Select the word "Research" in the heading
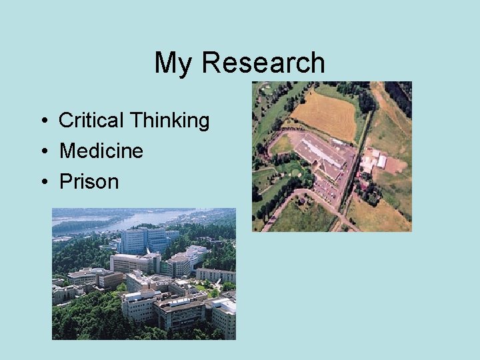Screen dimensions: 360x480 tap(263, 63)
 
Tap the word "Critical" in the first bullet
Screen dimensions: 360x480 tap(91, 121)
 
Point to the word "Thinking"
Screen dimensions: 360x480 tap(169, 121)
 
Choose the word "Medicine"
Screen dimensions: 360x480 tap(101, 151)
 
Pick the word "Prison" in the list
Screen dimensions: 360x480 tap(89, 181)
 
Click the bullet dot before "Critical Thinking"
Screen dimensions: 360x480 tap(42, 121)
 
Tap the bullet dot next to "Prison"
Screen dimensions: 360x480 tap(42, 182)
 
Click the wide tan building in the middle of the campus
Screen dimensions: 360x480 tap(133, 262)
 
